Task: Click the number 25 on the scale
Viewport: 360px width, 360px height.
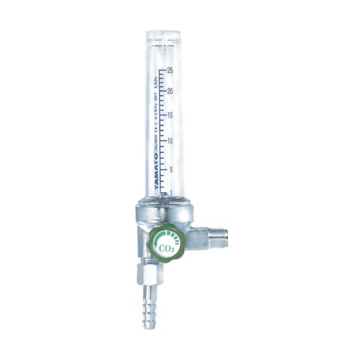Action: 171,70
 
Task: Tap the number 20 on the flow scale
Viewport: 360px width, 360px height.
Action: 171,91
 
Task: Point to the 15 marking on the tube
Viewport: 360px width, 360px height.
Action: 171,115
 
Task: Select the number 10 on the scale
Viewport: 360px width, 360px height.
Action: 171,141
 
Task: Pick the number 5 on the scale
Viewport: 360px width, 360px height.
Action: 171,169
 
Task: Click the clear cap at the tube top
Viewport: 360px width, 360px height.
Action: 163,37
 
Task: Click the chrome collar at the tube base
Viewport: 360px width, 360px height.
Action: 163,208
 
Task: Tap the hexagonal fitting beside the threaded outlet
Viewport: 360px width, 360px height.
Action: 196,238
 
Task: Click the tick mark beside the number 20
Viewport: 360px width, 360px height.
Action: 163,92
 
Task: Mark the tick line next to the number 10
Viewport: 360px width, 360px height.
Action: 163,142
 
